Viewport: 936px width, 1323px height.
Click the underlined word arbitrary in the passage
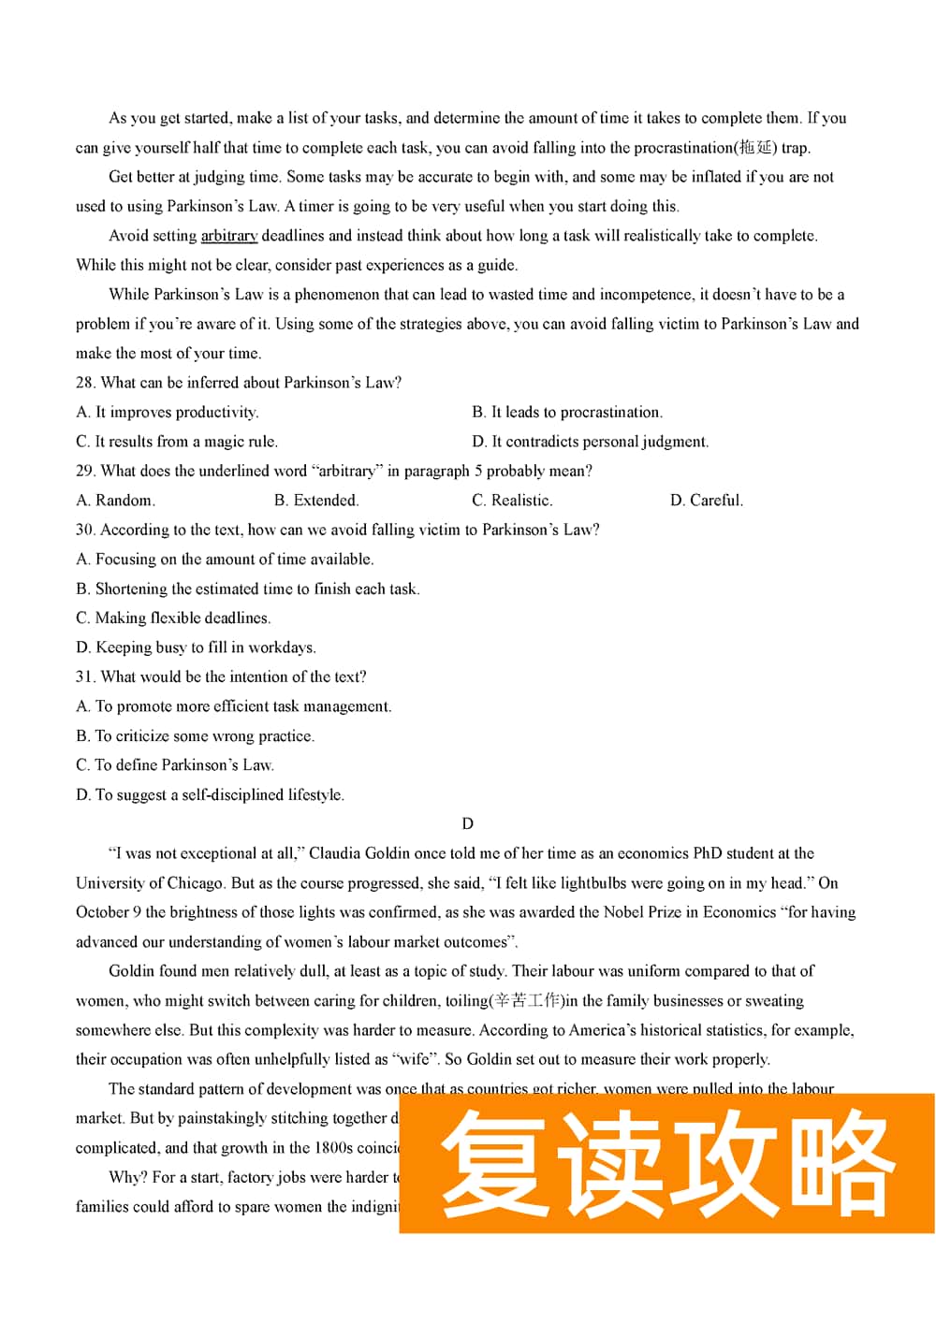pos(228,236)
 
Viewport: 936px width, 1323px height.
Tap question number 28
pos(84,383)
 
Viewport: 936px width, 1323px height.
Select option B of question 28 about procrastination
pos(567,413)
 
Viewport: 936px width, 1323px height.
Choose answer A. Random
pos(115,501)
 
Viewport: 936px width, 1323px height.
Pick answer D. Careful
pos(707,501)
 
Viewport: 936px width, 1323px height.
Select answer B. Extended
pos(316,501)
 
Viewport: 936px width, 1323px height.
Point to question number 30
pos(84,530)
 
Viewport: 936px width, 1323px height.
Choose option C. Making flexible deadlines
pos(173,618)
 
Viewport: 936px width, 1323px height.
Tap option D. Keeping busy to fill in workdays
pos(196,647)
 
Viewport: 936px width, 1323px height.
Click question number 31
pos(84,676)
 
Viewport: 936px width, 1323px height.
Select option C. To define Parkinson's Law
pos(175,765)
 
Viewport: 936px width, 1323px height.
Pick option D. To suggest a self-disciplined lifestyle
pos(210,795)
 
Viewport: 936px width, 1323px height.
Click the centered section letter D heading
pos(468,824)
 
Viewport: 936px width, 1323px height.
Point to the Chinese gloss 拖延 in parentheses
pos(756,148)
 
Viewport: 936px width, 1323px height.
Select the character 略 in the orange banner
pos(841,1163)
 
